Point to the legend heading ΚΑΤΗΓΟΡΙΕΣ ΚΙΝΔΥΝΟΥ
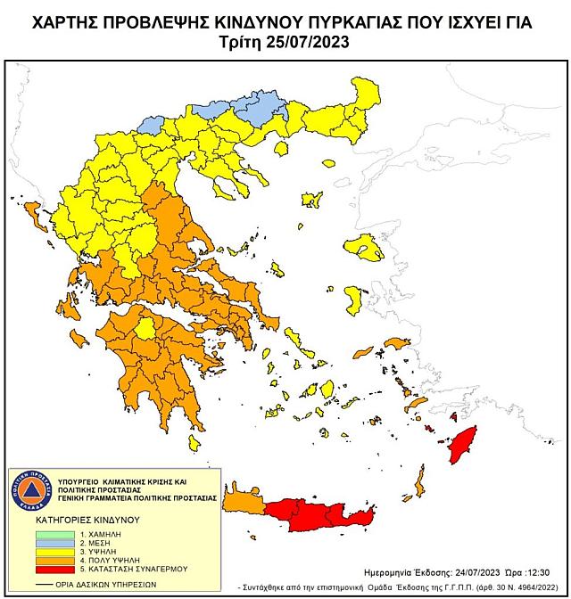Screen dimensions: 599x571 79,517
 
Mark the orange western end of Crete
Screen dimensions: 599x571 242,504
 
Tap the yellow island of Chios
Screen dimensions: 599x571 353,299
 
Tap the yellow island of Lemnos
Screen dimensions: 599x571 311,198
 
